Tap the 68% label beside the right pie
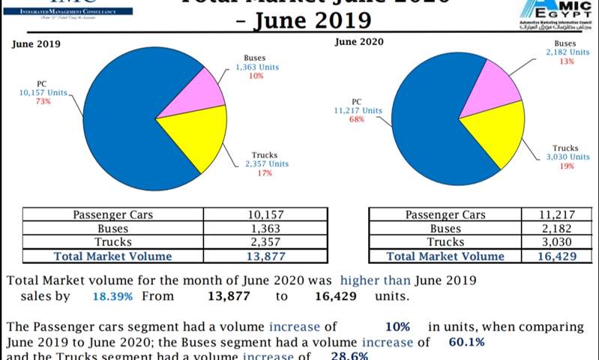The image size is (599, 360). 357,119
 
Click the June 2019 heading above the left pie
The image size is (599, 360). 36,43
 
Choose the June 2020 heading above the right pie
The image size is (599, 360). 358,41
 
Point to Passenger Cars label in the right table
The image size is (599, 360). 445,215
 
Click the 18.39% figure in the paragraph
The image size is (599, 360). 112,296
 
